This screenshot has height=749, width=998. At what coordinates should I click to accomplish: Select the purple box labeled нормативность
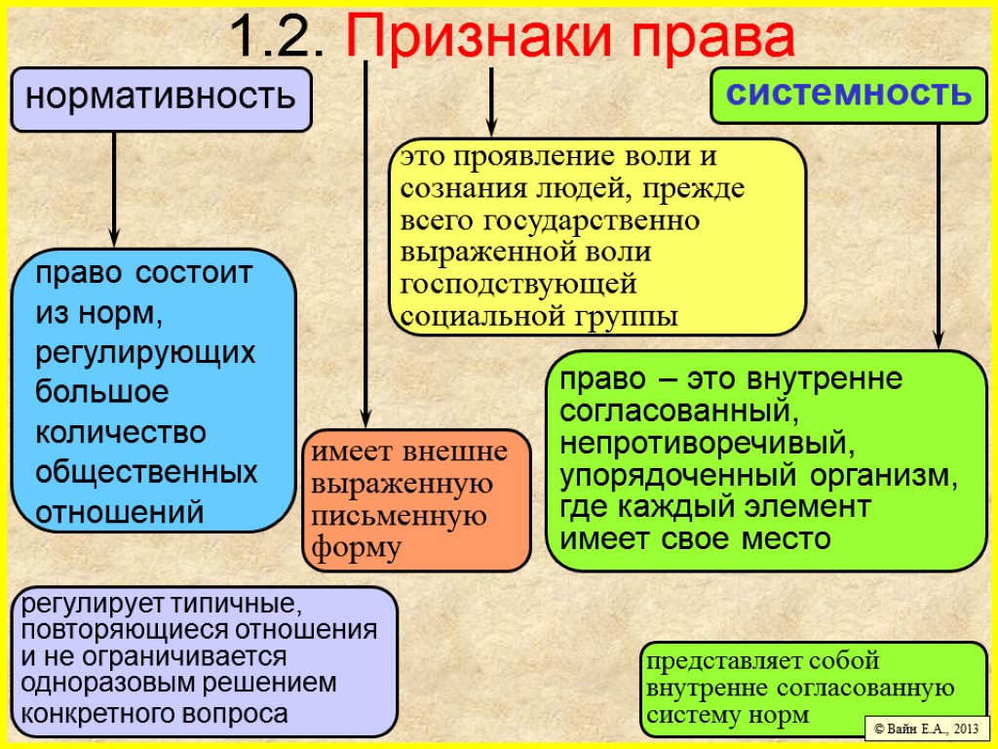pyautogui.click(x=161, y=99)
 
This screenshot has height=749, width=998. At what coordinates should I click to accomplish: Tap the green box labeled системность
pyautogui.click(x=849, y=94)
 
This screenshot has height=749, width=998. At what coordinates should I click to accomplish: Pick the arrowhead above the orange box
pyautogui.click(x=365, y=417)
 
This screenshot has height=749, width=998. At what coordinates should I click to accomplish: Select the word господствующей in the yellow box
pyautogui.click(x=518, y=284)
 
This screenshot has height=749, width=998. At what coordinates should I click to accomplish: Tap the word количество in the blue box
pyautogui.click(x=121, y=431)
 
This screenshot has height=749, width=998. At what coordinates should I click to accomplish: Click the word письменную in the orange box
pyautogui.click(x=399, y=516)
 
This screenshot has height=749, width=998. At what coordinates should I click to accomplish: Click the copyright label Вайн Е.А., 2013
pyautogui.click(x=926, y=729)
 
